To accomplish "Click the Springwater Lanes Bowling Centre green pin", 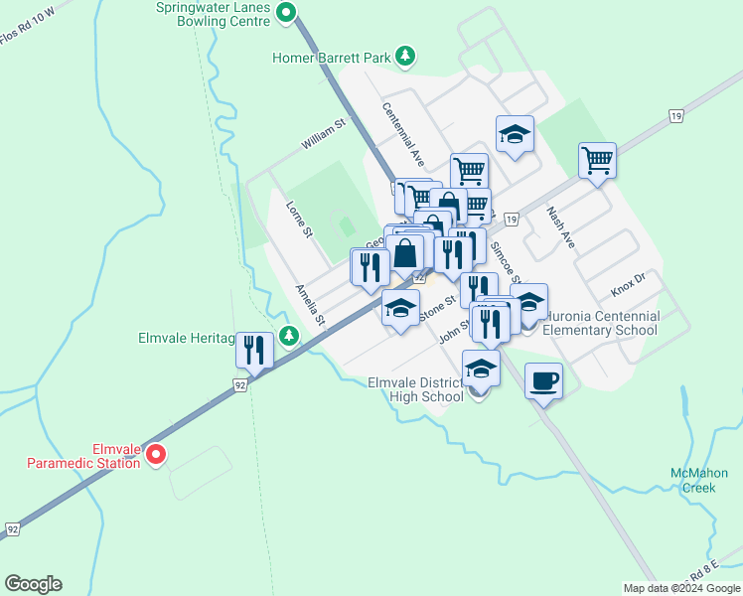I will coord(287,13).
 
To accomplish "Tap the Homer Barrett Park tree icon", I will coord(404,57).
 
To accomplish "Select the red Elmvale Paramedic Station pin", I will coord(156,455).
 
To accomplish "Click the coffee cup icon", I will coord(543,379).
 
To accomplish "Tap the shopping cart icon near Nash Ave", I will coord(597,158).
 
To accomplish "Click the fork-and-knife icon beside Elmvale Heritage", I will coord(255,349).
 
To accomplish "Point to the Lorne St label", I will coord(299,220).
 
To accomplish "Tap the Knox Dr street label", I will coord(629,284).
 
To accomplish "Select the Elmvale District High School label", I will coord(415,389).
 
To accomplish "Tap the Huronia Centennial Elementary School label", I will coord(602,323).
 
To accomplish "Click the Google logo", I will coord(33,584).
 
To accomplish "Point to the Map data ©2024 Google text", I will coord(681,588).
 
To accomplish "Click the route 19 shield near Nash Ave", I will coord(676,116).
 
